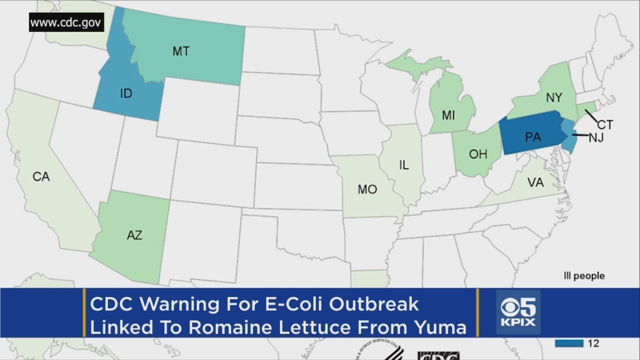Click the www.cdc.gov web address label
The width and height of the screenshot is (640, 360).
click(66, 22)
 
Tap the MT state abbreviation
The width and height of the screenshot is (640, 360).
click(180, 51)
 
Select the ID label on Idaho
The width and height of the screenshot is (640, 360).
click(126, 93)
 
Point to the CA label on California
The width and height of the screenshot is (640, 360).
click(41, 176)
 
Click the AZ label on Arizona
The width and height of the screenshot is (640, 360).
click(134, 235)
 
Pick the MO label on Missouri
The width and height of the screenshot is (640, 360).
click(367, 189)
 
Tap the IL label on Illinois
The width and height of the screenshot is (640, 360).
click(404, 165)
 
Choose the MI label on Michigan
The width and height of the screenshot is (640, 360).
click(448, 115)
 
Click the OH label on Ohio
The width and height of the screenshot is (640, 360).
click(477, 154)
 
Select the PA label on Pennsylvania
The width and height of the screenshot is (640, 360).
click(532, 137)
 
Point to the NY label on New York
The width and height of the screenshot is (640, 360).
click(553, 98)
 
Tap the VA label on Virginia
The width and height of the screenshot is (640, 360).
click(535, 182)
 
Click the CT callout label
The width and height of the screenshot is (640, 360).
click(604, 125)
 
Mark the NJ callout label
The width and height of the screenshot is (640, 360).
click(596, 137)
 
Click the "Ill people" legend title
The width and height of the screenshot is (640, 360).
click(584, 276)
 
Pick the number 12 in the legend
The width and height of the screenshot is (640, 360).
click(593, 343)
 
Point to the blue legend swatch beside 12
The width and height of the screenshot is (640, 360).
click(569, 343)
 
